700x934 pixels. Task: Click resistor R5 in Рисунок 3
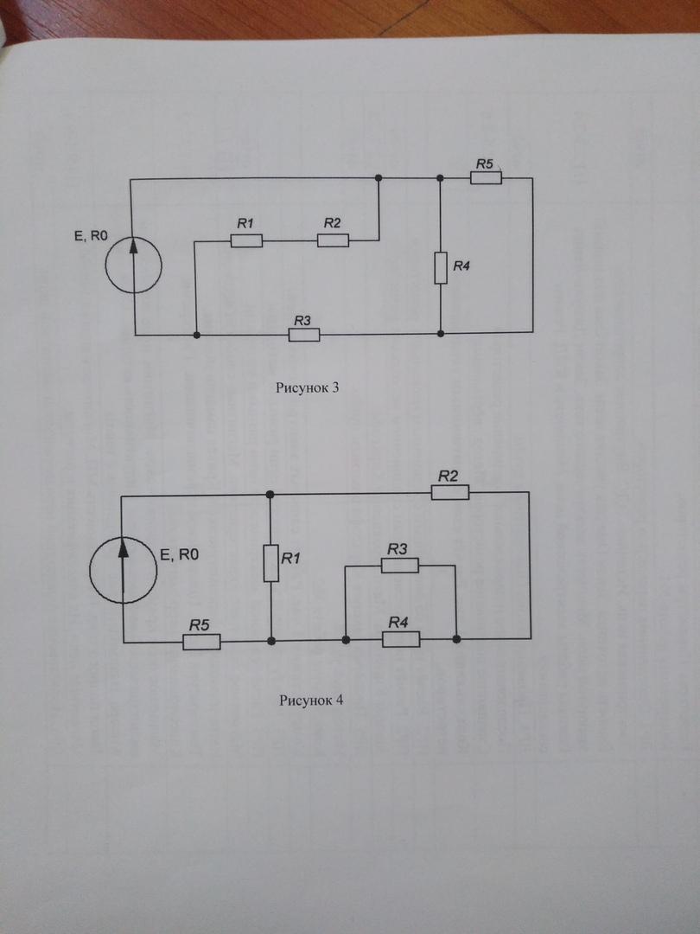pos(486,177)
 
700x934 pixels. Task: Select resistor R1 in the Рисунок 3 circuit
pos(246,240)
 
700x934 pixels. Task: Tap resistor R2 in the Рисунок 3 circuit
pos(333,240)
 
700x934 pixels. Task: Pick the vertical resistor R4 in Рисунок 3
pos(441,269)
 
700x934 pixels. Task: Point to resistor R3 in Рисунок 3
pos(304,335)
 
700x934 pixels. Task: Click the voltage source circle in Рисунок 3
pos(134,258)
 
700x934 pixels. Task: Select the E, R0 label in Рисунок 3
pos(93,231)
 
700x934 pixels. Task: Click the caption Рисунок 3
pos(307,387)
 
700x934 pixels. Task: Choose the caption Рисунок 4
pos(311,700)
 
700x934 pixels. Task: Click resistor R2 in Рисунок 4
pos(450,492)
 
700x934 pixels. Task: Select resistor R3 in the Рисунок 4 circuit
pos(401,566)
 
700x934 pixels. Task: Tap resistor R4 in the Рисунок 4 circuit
pos(401,639)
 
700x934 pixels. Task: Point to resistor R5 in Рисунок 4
pos(201,642)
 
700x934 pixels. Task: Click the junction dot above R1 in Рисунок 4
pos(270,494)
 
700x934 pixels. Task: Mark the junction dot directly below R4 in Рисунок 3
pos(441,333)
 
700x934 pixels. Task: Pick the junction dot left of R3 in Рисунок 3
pos(197,334)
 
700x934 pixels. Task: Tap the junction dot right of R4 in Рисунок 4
pos(456,639)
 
